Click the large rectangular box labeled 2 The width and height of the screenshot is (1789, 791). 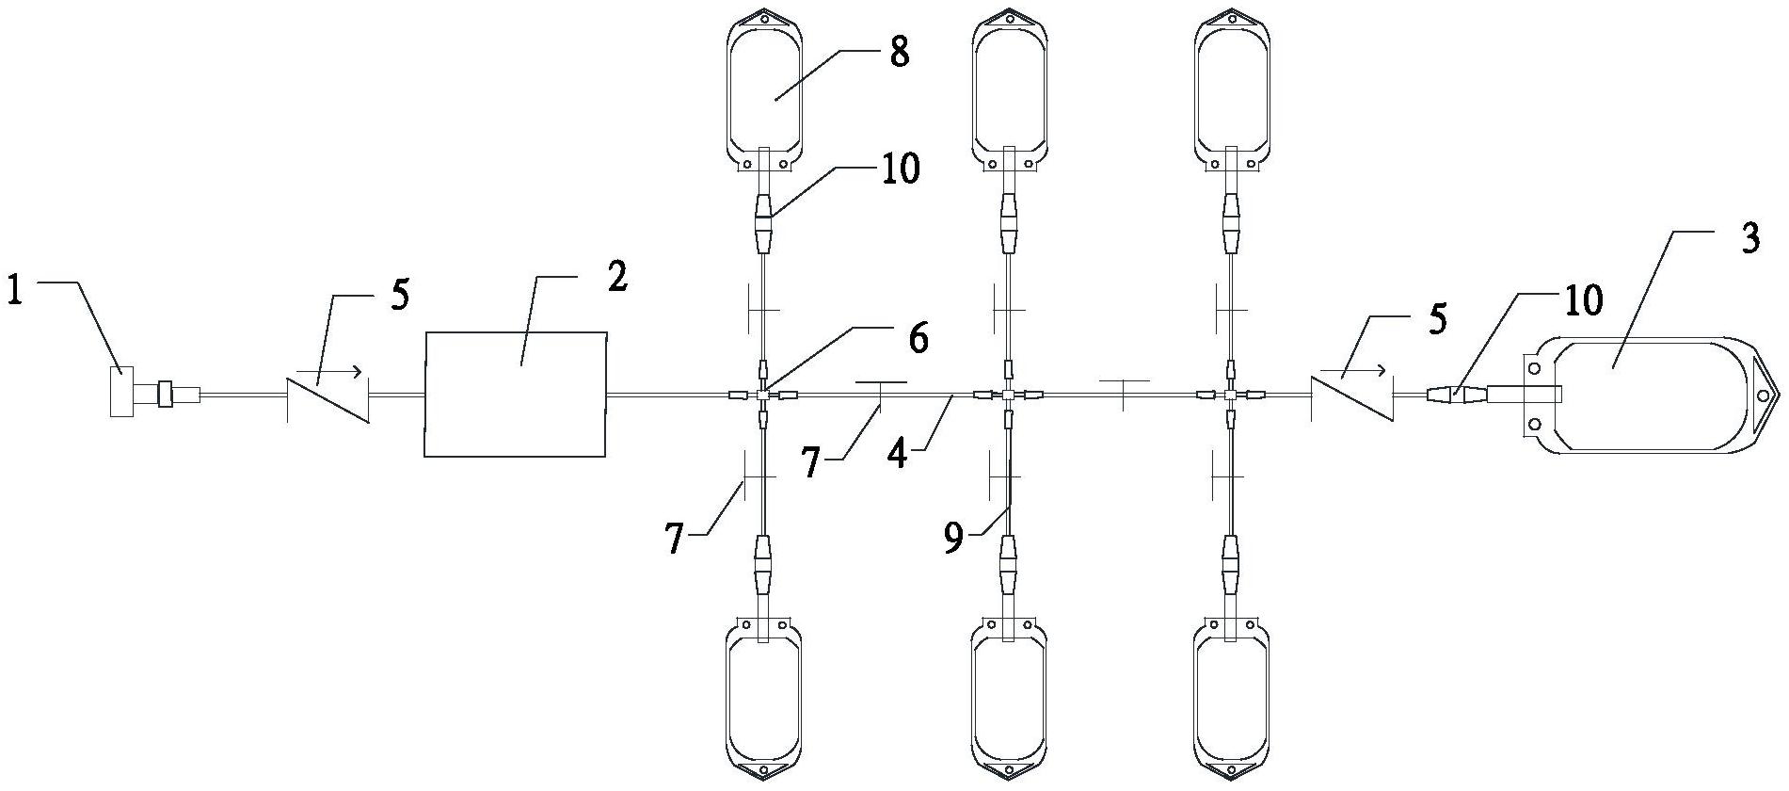pyautogui.click(x=516, y=394)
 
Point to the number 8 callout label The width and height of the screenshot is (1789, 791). pyautogui.click(x=899, y=52)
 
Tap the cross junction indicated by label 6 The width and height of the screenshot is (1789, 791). pyautogui.click(x=763, y=395)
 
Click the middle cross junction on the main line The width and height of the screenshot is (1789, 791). pyautogui.click(x=1008, y=395)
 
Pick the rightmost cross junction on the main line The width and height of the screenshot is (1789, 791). pyautogui.click(x=1230, y=395)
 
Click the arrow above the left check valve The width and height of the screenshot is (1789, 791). pyautogui.click(x=340, y=371)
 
